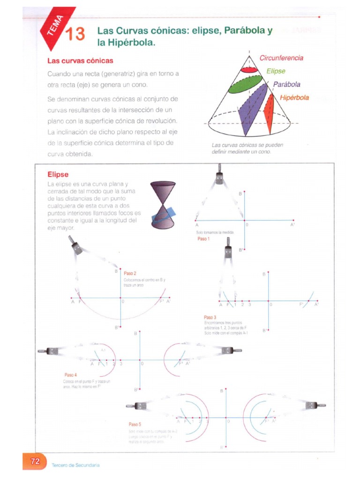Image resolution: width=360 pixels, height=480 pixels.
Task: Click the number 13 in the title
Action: pos(75,35)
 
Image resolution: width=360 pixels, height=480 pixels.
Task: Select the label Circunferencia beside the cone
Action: pos(281,58)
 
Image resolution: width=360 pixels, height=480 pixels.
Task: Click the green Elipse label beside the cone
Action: pos(276,71)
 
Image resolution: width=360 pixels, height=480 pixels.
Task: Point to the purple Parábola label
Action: pos(287,85)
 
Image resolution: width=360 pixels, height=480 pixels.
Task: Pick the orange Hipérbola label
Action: pos(294,98)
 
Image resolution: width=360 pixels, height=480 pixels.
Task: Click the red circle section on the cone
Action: pos(249,69)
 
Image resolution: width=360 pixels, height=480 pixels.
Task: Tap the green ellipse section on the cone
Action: pos(245,85)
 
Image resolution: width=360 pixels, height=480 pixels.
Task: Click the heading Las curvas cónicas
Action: pos(80,61)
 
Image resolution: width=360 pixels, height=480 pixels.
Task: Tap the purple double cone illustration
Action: pos(163,205)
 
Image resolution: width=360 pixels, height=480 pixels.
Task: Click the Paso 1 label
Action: pos(204,239)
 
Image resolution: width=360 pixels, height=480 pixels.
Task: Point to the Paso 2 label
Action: pos(130,273)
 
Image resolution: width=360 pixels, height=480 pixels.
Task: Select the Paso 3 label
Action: pos(209,317)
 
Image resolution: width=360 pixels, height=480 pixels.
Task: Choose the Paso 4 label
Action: pos(71,375)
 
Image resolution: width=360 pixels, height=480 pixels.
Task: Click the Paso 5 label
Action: pos(135,424)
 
